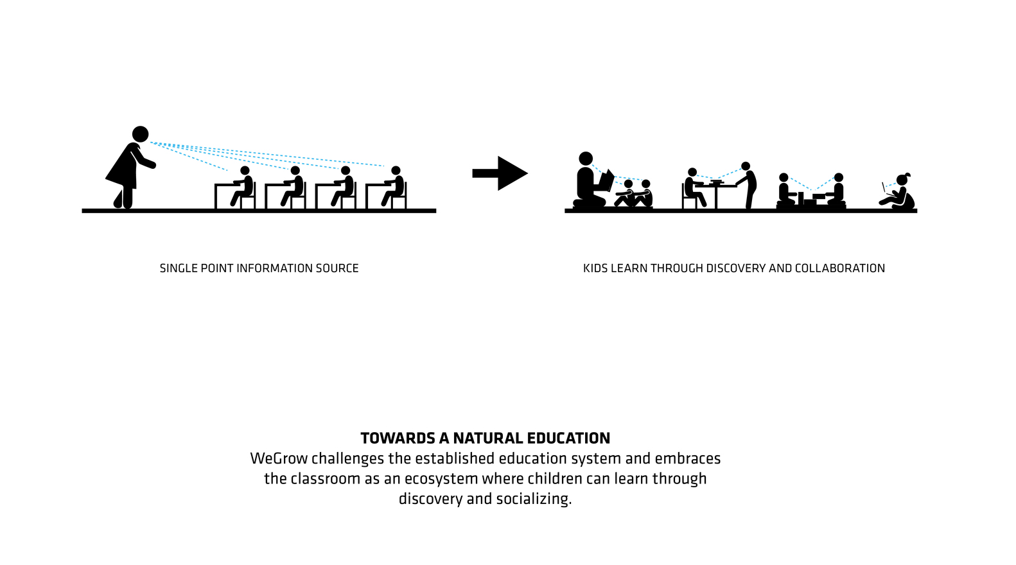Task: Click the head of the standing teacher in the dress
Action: [x=140, y=134]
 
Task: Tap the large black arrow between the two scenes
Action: [x=500, y=173]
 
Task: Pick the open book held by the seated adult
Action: [x=606, y=180]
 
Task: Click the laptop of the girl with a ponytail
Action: [x=885, y=189]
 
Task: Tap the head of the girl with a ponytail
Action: [x=902, y=180]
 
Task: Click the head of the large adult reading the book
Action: [x=586, y=159]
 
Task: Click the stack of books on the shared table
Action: [x=716, y=182]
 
